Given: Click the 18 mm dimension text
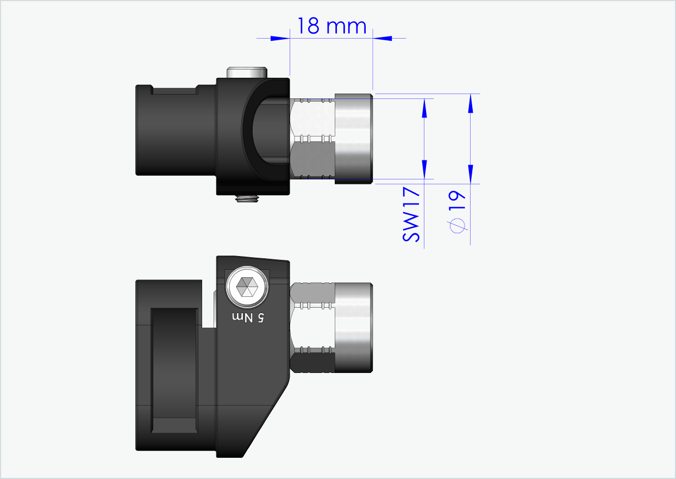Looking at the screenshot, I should click(331, 26).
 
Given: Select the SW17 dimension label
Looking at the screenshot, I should click(412, 215).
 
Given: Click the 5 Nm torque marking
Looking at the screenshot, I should click(248, 317).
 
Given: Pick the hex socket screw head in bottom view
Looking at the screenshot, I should click(248, 287).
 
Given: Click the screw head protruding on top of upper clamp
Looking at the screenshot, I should click(248, 73).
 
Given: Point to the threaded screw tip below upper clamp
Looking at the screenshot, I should click(247, 199).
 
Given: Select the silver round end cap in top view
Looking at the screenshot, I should click(353, 139).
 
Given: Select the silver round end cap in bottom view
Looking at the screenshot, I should click(353, 327).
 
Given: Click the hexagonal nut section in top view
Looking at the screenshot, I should click(312, 139).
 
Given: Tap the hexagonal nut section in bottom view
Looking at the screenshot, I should click(312, 327).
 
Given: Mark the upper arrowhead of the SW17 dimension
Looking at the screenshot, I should click(424, 109).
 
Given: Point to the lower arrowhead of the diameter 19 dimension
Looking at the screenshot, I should click(471, 173).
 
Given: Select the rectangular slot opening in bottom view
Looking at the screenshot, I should click(174, 370).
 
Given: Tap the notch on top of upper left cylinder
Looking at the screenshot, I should click(174, 91).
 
